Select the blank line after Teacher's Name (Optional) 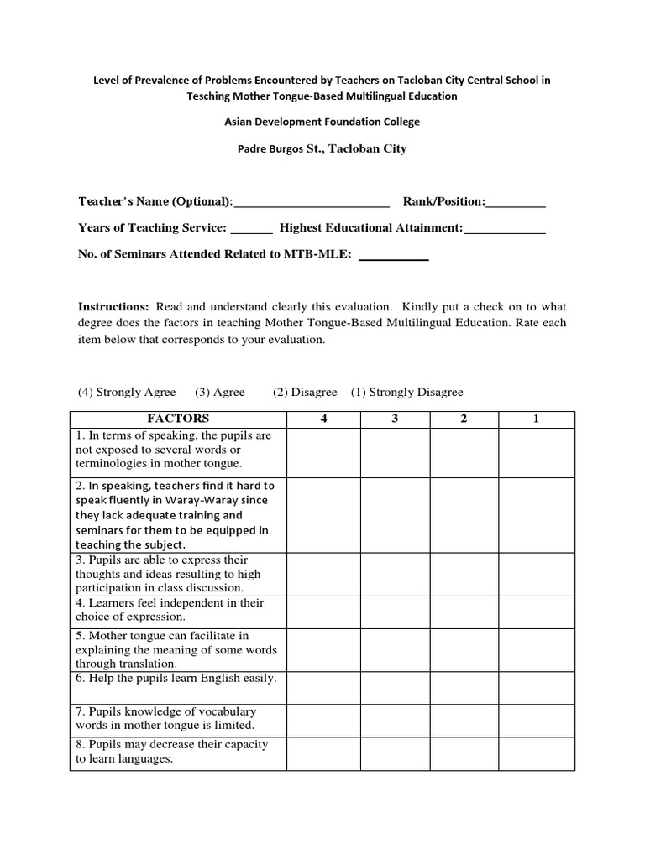(312, 203)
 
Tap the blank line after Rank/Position (516, 203)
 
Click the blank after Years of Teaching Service (251, 229)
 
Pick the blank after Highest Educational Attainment (505, 229)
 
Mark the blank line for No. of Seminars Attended (394, 256)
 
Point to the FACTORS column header (178, 419)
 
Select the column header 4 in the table (323, 419)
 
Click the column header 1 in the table (536, 419)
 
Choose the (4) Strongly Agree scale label (127, 392)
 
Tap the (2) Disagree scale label (305, 392)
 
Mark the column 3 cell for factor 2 (395, 513)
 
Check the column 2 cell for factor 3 (464, 574)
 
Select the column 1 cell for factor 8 (536, 752)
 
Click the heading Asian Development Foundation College (322, 122)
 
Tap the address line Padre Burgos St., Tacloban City (322, 148)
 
